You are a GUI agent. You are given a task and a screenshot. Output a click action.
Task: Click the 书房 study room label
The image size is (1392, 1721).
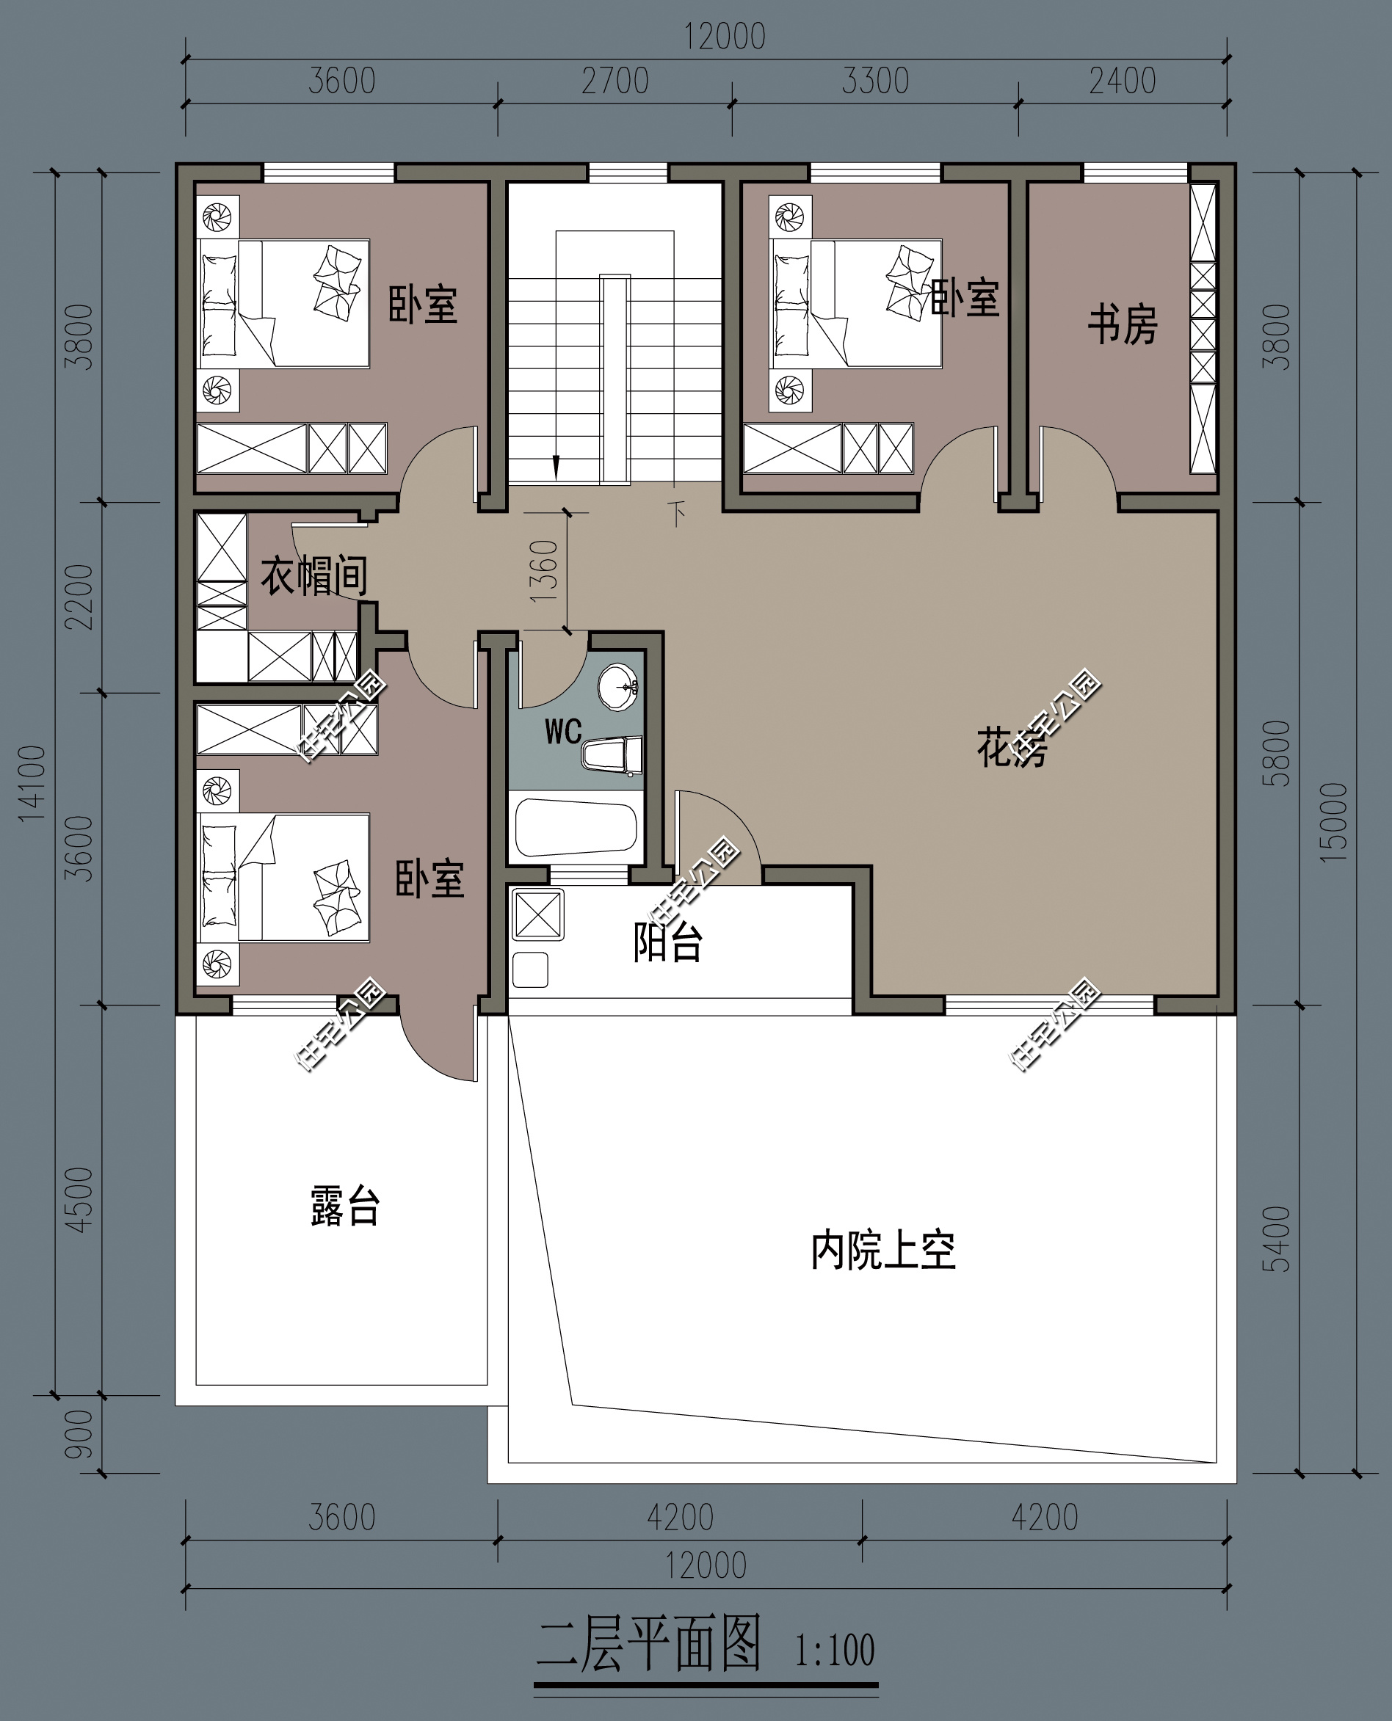point(1122,324)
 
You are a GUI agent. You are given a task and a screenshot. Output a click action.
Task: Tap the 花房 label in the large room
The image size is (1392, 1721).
point(1011,747)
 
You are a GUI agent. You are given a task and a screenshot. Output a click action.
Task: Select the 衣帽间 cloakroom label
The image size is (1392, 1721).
point(313,575)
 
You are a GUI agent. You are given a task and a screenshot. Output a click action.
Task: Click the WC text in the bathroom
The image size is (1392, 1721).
point(563,731)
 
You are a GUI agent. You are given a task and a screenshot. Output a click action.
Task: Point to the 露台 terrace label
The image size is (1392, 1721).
point(345,1206)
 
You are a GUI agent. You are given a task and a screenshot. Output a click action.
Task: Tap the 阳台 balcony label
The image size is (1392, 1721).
point(667,942)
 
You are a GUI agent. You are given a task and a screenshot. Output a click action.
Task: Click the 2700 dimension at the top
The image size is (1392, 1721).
point(615,81)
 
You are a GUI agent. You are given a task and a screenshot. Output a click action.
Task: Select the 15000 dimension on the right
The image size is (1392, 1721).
point(1334,823)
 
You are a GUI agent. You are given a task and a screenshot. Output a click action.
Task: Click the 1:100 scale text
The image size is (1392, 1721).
point(834,1651)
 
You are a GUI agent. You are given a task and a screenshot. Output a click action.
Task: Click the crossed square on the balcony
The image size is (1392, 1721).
point(537,914)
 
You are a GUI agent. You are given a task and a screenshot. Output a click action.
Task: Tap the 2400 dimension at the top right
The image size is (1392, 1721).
point(1122,81)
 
